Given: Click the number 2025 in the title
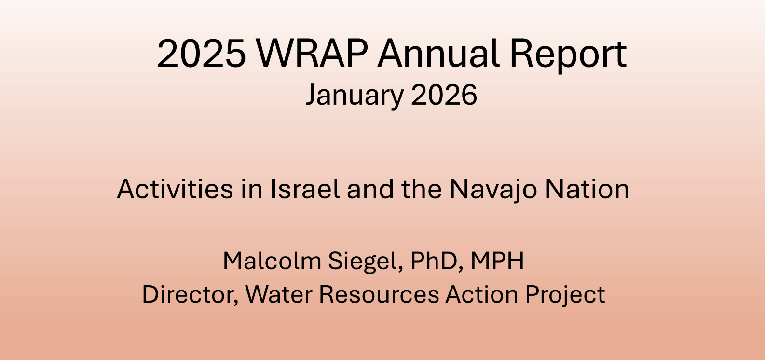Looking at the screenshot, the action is (201, 53).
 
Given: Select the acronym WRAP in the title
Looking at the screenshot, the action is (312, 53).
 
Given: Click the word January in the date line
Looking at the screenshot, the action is (355, 95).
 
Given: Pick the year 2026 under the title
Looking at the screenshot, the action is (444, 95).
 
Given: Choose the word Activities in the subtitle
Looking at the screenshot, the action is (175, 189).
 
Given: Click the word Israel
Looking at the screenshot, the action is (305, 189).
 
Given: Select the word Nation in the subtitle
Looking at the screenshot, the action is (587, 189).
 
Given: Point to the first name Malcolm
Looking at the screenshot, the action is (272, 261).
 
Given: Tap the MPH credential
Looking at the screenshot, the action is (497, 261).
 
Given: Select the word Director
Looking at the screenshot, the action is (190, 294).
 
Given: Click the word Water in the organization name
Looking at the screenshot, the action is (279, 294).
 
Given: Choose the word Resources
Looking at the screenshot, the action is (379, 294).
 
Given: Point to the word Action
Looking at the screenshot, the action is (482, 294).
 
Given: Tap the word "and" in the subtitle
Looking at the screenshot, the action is (370, 189).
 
